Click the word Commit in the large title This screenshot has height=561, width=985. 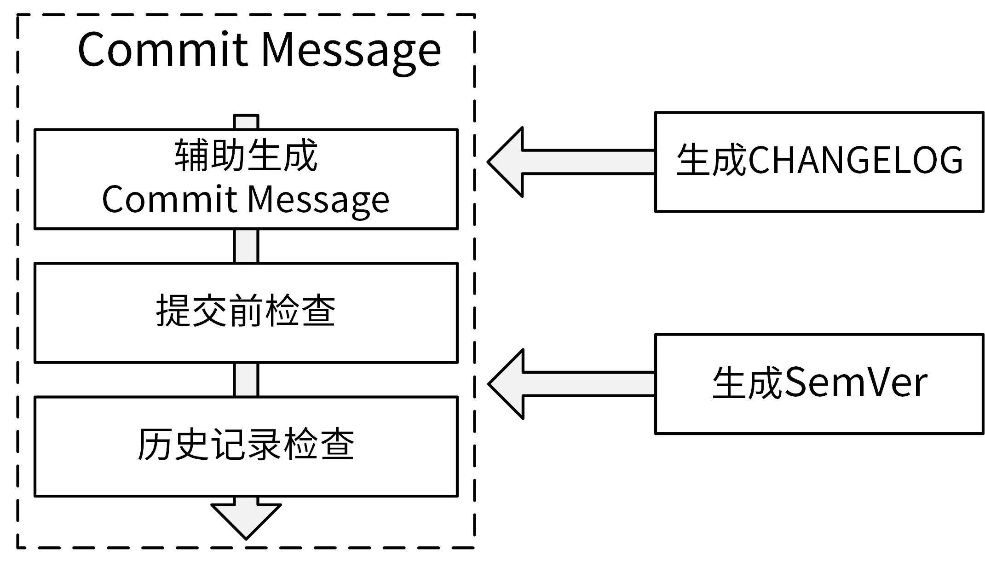[x=163, y=50]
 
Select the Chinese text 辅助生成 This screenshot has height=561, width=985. [x=246, y=156]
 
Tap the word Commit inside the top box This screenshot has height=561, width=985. [x=169, y=200]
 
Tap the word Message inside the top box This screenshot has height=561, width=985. [x=318, y=201]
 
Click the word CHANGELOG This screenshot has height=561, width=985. [x=856, y=160]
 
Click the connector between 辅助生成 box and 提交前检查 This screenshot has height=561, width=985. [x=246, y=246]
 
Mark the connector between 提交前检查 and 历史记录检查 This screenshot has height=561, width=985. [x=246, y=379]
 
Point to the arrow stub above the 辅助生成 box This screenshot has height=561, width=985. [x=246, y=122]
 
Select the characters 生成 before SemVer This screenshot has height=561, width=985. [x=748, y=383]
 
